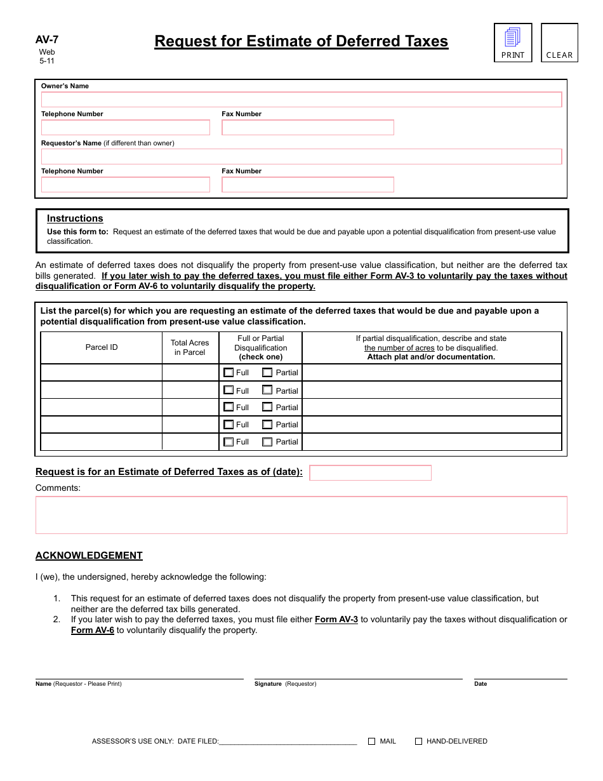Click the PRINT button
pos(513,43)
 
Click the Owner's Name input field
pos(301,100)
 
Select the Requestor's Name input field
pos(301,157)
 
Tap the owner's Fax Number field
pos(308,128)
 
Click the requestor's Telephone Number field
pos(126,185)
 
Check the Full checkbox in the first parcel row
pos(229,373)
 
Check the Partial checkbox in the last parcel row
pos(267,441)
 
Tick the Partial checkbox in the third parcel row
pos(267,407)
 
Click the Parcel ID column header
pos(102,347)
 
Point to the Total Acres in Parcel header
pos(190,347)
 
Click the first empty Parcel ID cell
pos(102,373)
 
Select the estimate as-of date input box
pos(370,473)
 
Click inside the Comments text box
pos(301,515)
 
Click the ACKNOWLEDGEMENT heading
pos(89,556)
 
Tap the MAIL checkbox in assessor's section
pos(372,741)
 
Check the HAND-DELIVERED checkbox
pos(419,741)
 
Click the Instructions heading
pos(75,218)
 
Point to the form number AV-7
pos(47,39)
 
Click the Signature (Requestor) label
pos(285,684)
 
